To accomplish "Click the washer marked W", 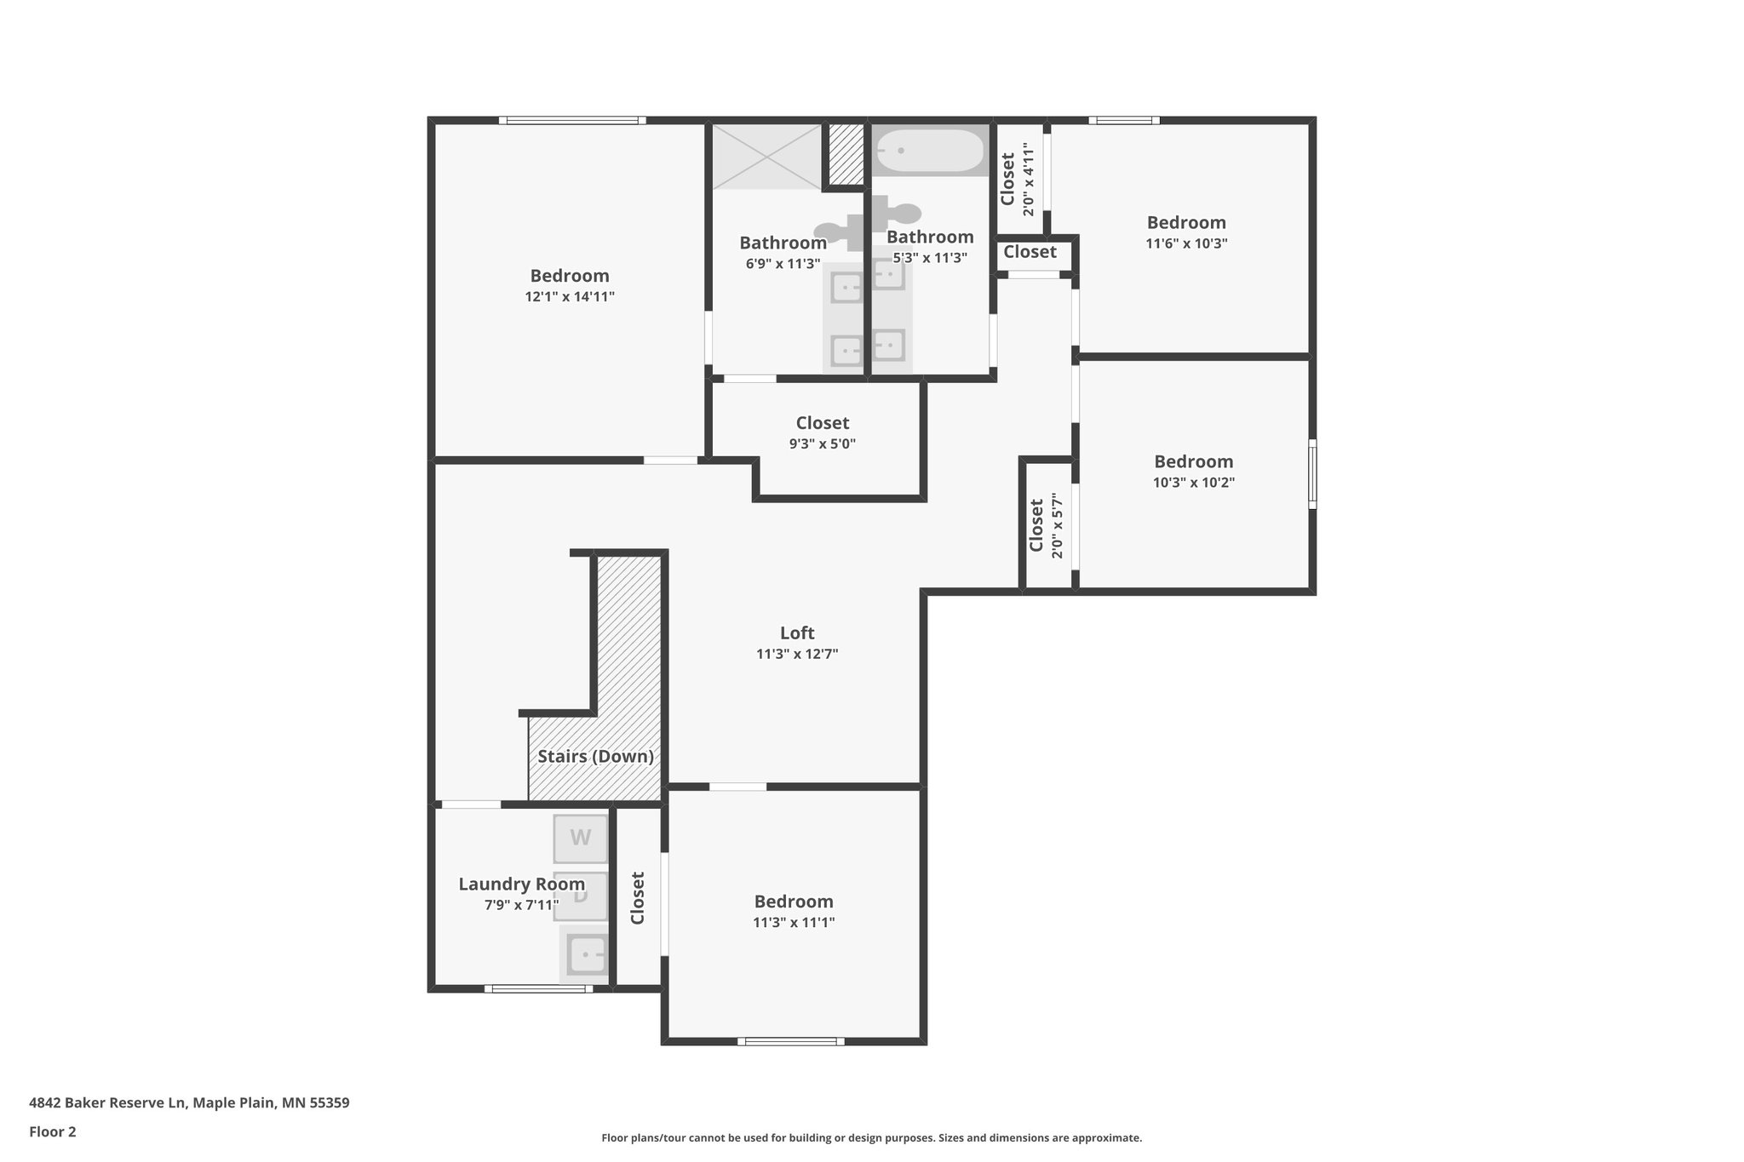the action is [581, 839].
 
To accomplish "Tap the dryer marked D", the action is [581, 896].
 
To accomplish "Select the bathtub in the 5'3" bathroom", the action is [931, 151].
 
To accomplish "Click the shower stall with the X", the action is [767, 157].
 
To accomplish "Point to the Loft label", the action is [797, 633].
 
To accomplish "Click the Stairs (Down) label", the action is [595, 756].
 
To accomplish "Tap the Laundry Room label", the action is [521, 884].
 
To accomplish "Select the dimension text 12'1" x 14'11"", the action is [570, 297].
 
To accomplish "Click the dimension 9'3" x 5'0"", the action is [822, 444].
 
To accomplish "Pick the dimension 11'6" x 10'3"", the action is [1186, 243].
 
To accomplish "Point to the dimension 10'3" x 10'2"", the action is [1193, 483].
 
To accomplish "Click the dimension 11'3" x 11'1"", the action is [794, 923].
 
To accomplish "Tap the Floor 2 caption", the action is [53, 1131].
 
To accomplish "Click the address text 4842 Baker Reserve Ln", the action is [107, 1102].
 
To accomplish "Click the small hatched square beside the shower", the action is [846, 156].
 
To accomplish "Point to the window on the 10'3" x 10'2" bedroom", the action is [1312, 474].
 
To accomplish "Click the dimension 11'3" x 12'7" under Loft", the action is [797, 655].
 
